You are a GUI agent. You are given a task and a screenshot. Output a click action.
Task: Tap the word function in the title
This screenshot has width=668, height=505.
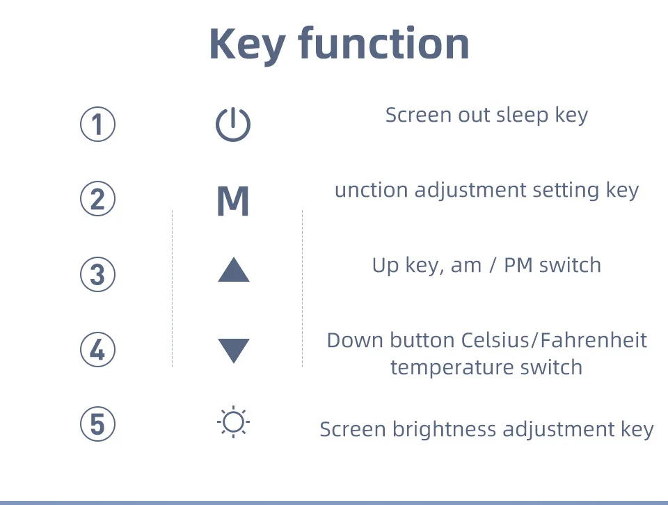tap(384, 42)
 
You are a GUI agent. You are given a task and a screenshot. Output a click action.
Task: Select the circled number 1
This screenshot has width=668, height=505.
tap(97, 124)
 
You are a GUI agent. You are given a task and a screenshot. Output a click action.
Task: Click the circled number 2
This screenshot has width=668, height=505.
tap(97, 199)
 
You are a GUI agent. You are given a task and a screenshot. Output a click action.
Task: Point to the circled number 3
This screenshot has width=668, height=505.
tap(97, 274)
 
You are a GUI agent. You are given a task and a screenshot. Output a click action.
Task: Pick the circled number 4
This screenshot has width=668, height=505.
tap(97, 349)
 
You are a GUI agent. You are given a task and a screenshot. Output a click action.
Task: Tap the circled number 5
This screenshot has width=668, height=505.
tap(97, 424)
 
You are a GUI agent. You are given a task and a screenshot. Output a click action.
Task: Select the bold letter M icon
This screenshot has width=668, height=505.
tap(232, 201)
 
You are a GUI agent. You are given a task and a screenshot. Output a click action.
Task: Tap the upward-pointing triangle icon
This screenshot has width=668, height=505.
tap(234, 270)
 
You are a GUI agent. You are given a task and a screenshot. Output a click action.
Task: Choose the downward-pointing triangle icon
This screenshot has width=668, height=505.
tap(234, 351)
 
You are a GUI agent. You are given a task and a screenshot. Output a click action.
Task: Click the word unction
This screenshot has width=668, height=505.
tap(372, 191)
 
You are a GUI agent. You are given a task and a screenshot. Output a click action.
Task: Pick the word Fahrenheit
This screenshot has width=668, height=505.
tap(591, 340)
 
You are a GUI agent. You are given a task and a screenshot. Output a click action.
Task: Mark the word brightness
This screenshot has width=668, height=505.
tap(445, 429)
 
